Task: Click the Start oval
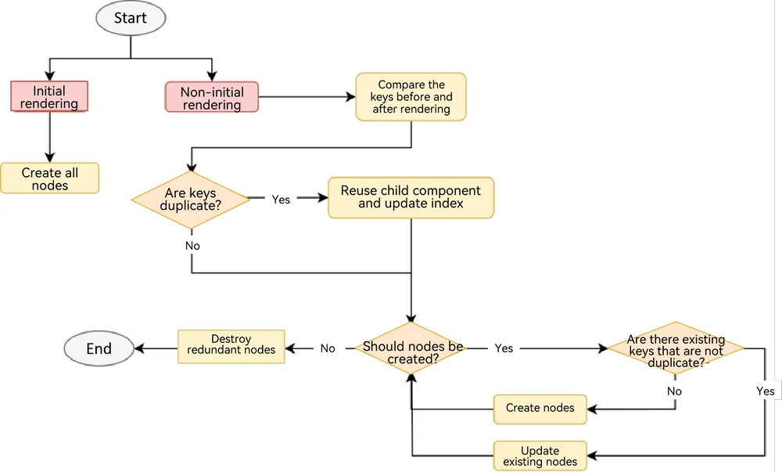coord(131,18)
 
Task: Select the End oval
coord(99,348)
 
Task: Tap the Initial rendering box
coord(49,96)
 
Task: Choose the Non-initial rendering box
coord(212,97)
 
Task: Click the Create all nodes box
coord(50,178)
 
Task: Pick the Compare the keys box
coord(411,97)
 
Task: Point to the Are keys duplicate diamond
coord(191,200)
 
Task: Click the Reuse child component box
coord(411,197)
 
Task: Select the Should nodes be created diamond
coord(411,348)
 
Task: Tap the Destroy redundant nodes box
coord(231,346)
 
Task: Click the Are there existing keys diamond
coord(676,348)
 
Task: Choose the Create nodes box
coord(540,409)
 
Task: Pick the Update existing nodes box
coord(540,456)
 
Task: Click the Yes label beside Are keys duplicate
coord(281,200)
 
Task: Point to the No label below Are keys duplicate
coord(192,246)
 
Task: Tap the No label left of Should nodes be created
coord(328,348)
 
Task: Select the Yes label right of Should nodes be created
coord(504,348)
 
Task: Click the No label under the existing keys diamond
coord(674,391)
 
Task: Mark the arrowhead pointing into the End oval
coord(139,348)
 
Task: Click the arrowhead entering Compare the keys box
coord(350,97)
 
